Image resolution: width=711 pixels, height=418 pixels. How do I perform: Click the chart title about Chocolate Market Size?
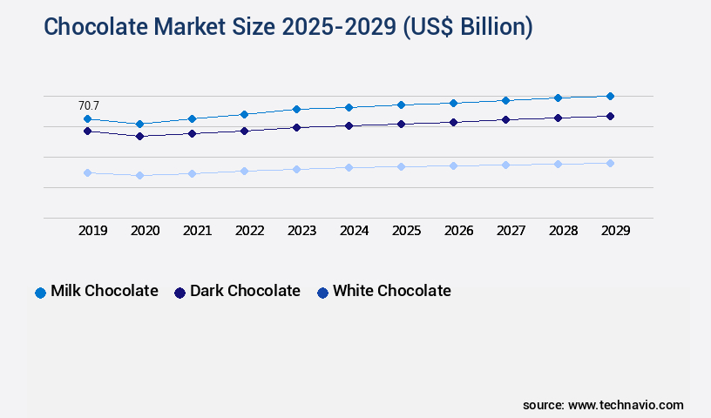[288, 27]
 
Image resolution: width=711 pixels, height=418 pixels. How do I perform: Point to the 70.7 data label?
[89, 105]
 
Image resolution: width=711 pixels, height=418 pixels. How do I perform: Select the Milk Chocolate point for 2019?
[87, 118]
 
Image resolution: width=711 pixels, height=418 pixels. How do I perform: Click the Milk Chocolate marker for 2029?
[610, 96]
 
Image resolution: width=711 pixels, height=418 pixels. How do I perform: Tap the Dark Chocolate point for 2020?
[139, 136]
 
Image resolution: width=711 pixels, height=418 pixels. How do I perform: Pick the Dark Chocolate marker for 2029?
[610, 116]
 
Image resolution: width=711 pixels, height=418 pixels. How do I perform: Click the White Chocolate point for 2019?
[87, 172]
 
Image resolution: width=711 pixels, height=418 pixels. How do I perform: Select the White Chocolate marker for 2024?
[349, 167]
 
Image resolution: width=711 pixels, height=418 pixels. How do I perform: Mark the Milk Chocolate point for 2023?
[296, 109]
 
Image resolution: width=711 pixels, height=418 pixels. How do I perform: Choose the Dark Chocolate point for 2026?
[453, 122]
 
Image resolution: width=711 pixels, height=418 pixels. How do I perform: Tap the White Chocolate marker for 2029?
[610, 163]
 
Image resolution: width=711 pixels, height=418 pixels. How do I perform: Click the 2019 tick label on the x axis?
[92, 231]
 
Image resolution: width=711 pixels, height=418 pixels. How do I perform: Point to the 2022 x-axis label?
[249, 231]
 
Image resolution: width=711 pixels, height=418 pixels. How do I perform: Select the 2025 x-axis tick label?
[406, 231]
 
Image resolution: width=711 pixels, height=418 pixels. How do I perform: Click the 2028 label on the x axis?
[563, 231]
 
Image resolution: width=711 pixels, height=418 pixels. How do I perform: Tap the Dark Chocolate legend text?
[245, 291]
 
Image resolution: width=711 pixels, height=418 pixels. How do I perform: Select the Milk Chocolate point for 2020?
[139, 124]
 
